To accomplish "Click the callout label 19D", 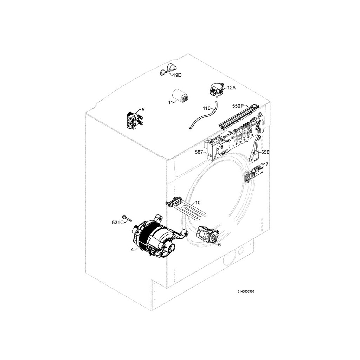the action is [177, 75].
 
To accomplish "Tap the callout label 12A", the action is [231, 88].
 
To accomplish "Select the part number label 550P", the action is [238, 106].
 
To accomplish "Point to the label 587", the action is [199, 152].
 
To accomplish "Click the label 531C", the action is [118, 222].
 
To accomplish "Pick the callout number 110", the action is [207, 108].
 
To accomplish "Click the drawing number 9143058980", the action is [246, 291].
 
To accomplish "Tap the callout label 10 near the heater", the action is [198, 202].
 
